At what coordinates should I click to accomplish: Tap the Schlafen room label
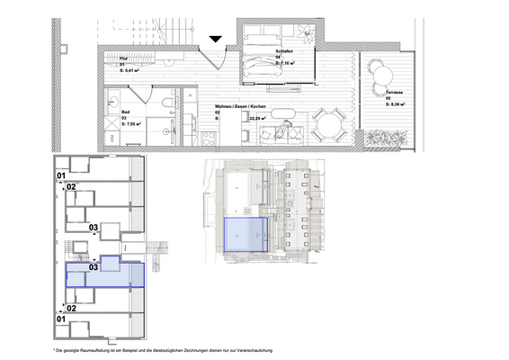click(x=286, y=51)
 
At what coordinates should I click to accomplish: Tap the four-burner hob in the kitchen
click(x=209, y=138)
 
